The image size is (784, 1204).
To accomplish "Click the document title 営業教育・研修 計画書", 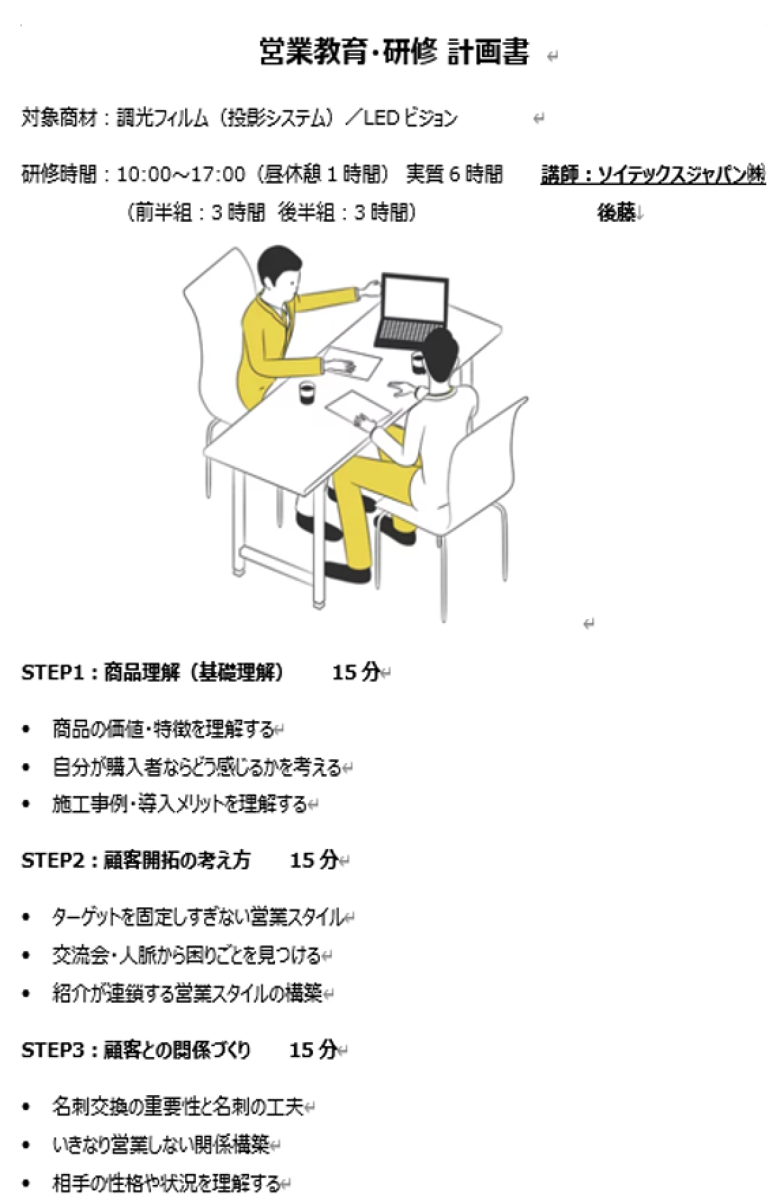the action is point(394,52).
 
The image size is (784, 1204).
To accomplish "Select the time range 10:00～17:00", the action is point(180,175).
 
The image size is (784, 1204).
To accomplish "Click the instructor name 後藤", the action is point(616,213).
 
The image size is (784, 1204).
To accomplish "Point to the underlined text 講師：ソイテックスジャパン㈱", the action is point(653,175).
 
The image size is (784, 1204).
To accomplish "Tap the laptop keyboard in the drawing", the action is point(404,331).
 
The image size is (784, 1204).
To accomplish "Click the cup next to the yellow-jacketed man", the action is point(308,392).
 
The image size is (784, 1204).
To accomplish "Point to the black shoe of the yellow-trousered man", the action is point(347,571).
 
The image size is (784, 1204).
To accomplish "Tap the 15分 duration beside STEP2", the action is point(314,860).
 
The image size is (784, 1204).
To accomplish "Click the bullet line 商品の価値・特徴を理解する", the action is point(163,729).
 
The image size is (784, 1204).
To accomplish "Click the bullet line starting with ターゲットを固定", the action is point(198,917).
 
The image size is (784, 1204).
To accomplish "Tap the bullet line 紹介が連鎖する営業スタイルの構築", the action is point(186,993).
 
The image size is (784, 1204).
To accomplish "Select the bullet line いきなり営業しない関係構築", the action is point(161,1145).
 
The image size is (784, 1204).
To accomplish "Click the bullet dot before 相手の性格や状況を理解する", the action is point(27,1184).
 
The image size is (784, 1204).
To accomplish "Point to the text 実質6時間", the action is point(454,175).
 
